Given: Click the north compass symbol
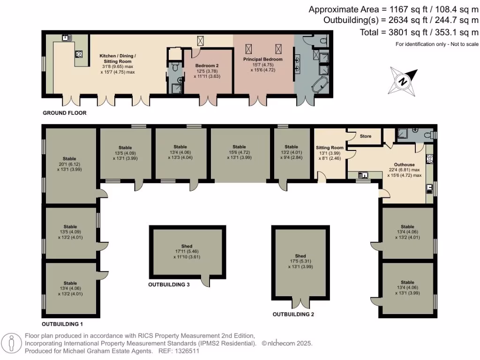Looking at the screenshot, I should tap(403, 80).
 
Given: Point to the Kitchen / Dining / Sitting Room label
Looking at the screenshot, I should tap(118, 61).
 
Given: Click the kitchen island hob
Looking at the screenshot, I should tap(79, 54).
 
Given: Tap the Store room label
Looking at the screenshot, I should tap(366, 136).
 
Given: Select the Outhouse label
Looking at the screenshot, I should tap(404, 165).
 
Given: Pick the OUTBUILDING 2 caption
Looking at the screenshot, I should tap(293, 315).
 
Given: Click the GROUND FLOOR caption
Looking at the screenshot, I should tap(65, 113).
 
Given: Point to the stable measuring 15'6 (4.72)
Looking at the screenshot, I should tap(239, 152).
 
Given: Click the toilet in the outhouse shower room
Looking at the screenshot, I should tap(427, 134).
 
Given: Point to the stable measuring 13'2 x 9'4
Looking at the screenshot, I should tap(291, 152).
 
